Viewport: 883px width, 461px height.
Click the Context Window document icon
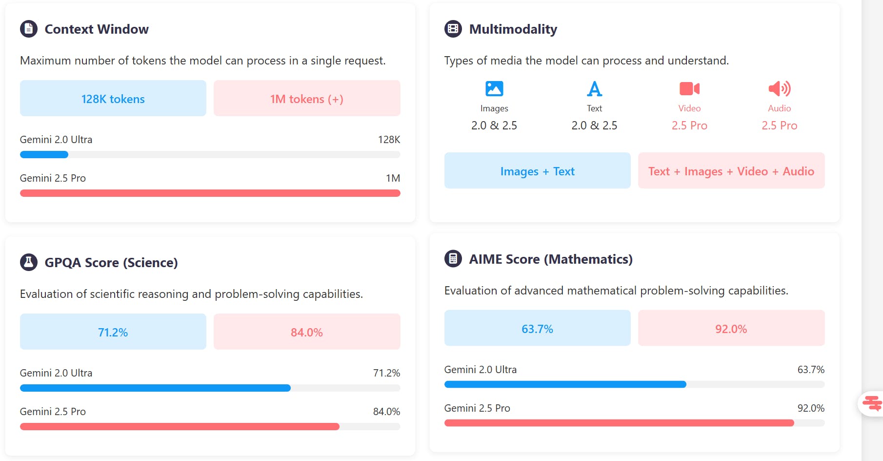29,29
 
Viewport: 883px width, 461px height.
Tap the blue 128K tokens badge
113,99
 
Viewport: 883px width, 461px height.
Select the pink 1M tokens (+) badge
307,99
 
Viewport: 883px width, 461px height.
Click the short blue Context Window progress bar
44,155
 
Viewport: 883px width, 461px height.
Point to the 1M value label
393,178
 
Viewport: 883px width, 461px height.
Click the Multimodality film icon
453,29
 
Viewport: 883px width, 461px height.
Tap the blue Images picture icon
494,88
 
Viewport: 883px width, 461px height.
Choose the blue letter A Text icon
594,89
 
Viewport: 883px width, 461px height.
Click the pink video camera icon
689,88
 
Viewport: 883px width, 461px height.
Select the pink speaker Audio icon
779,88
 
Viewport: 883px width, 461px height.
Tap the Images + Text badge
537,171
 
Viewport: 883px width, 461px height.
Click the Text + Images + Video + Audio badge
731,171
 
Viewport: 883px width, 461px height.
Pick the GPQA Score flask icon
29,262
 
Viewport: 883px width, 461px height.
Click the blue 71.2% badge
113,332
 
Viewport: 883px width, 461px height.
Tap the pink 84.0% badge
307,332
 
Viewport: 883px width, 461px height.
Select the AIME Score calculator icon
453,259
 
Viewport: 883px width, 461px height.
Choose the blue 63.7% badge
537,329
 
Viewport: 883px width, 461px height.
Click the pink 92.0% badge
731,329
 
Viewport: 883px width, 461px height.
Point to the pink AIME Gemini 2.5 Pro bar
619,423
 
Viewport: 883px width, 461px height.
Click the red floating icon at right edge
872,403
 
